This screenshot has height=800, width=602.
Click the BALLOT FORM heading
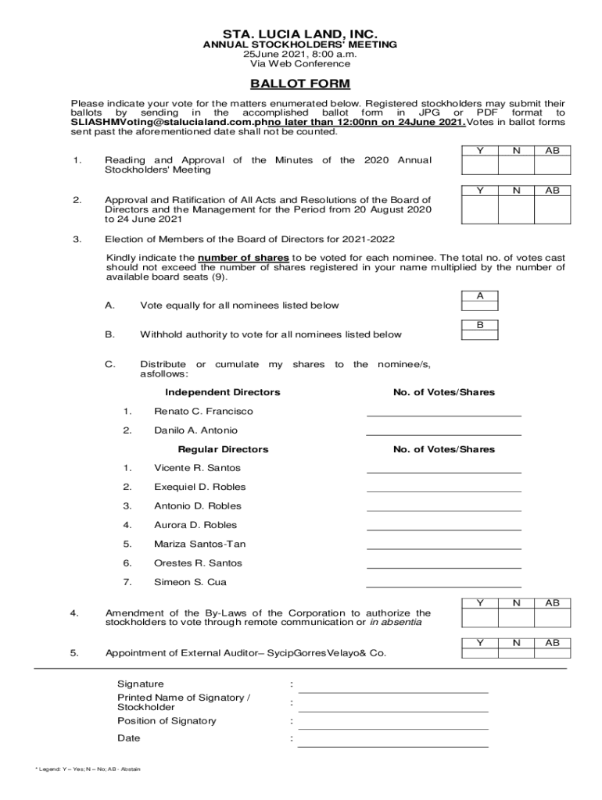coord(300,84)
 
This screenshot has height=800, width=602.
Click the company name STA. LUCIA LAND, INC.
coord(300,34)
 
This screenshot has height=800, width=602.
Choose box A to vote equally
coord(480,302)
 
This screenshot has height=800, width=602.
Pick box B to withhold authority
coord(480,330)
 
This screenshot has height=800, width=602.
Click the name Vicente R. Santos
coord(197,468)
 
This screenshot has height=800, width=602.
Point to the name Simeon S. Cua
coord(191,582)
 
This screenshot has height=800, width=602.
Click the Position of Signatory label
coord(167,721)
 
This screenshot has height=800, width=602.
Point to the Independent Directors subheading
coord(223,392)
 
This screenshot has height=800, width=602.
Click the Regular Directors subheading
coord(223,449)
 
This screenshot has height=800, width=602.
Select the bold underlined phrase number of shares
coord(244,258)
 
